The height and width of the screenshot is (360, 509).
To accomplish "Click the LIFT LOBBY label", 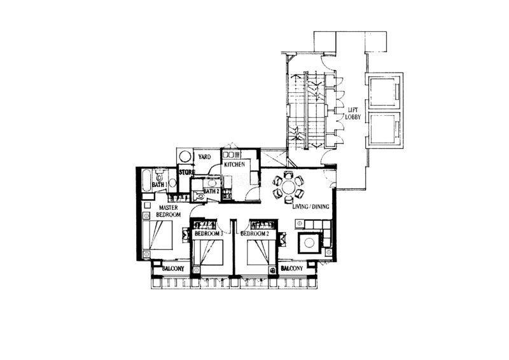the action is pyautogui.click(x=352, y=114).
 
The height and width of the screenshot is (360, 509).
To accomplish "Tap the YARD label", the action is pyautogui.click(x=204, y=157).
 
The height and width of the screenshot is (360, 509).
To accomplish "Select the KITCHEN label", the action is pyautogui.click(x=234, y=165).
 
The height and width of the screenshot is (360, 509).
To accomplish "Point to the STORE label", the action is pyautogui.click(x=187, y=172).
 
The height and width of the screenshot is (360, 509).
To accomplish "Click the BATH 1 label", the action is pyautogui.click(x=159, y=184).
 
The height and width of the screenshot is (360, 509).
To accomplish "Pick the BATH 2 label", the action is pyautogui.click(x=211, y=191).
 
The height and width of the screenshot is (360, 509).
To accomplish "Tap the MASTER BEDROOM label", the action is pyautogui.click(x=168, y=211).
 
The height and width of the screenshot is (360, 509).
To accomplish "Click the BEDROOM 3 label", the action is pyautogui.click(x=209, y=233).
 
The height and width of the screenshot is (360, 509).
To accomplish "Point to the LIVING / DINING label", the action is pyautogui.click(x=310, y=207).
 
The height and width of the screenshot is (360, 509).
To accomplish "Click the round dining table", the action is pyautogui.click(x=288, y=187).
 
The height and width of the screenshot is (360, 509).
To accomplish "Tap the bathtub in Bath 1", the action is pyautogui.click(x=147, y=181).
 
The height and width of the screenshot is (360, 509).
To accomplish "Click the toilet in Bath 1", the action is pyautogui.click(x=159, y=176).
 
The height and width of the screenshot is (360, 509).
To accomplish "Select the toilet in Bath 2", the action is pyautogui.click(x=199, y=195).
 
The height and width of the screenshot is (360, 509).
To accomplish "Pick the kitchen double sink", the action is pyautogui.click(x=231, y=154).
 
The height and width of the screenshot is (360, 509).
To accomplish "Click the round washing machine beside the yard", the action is pyautogui.click(x=185, y=157).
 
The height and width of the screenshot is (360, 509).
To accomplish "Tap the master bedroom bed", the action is pyautogui.click(x=157, y=235).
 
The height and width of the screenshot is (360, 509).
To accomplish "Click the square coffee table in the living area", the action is pyautogui.click(x=309, y=242).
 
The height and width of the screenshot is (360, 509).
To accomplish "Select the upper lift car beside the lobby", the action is pyautogui.click(x=384, y=92).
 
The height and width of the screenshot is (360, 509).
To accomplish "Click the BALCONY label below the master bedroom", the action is pyautogui.click(x=173, y=269).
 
